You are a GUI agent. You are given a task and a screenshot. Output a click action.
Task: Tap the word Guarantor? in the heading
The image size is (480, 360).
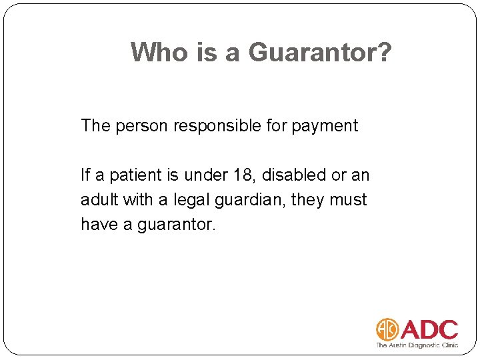pyautogui.click(x=320, y=51)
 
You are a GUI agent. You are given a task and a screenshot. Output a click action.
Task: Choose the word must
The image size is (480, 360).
pyautogui.click(x=347, y=200)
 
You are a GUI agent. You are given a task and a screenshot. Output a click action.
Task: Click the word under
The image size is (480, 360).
pyautogui.click(x=207, y=175)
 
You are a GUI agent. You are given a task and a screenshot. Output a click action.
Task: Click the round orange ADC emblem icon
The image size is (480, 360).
pyautogui.click(x=387, y=329)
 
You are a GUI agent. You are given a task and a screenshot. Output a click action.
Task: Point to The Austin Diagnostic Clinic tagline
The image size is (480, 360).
pyautogui.click(x=417, y=345)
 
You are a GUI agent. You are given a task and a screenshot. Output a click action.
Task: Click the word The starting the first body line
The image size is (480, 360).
pyautogui.click(x=95, y=125)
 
